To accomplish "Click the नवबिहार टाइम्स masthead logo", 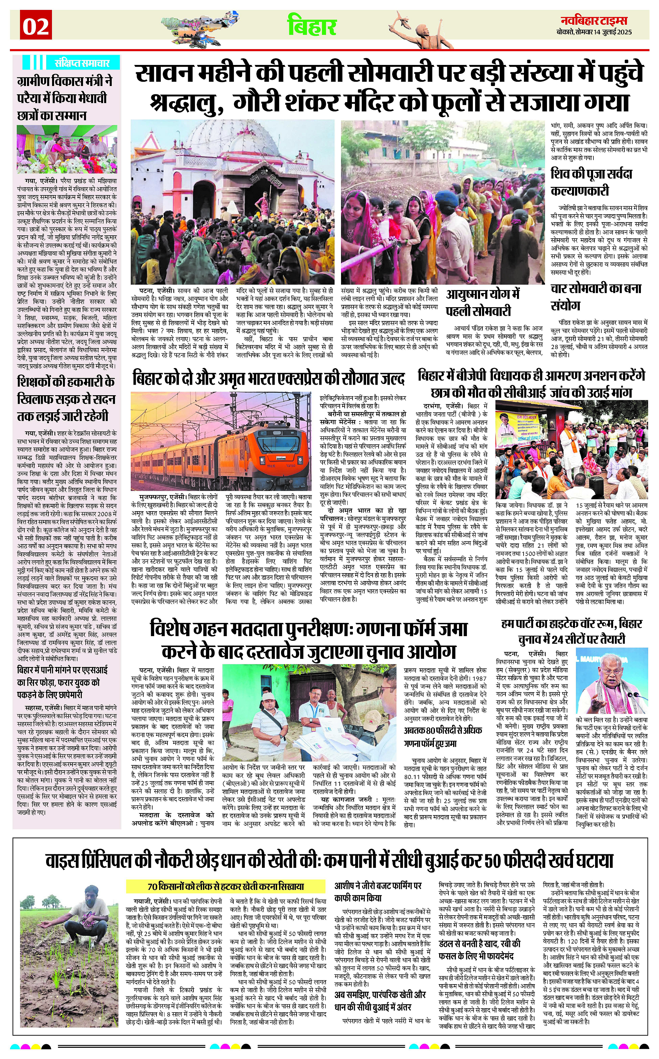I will [594, 20].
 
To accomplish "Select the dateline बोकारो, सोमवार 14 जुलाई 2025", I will [594, 32].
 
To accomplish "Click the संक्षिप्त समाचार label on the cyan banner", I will [81, 62].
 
